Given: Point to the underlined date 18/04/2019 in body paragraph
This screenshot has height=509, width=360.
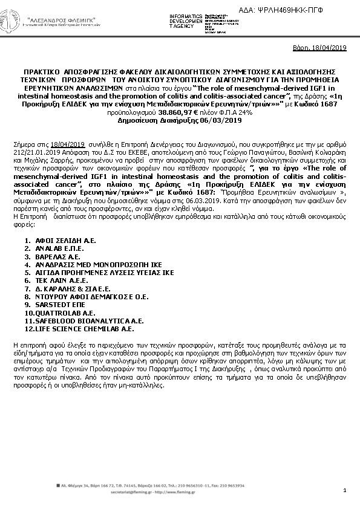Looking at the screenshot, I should click(68, 145).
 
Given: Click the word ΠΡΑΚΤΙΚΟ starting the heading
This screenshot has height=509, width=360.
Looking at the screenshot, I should click(41, 71).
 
